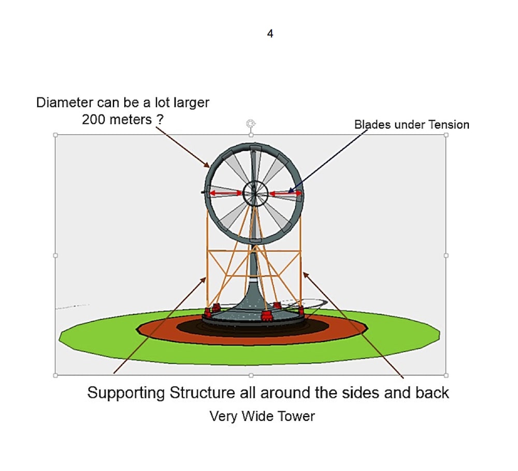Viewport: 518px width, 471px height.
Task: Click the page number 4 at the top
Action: pyautogui.click(x=270, y=34)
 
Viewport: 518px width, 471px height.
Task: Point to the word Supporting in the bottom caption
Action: pyautogui.click(x=126, y=393)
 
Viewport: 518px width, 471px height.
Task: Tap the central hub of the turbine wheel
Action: pyautogui.click(x=255, y=194)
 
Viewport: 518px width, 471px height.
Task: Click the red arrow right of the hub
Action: pyautogui.click(x=285, y=194)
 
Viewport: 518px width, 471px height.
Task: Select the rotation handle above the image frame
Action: pyautogui.click(x=251, y=123)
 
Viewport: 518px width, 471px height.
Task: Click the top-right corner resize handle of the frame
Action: pyautogui.click(x=446, y=135)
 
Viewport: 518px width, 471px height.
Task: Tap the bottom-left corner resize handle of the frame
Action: pyautogui.click(x=55, y=375)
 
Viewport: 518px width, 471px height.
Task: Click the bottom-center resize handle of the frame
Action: pyautogui.click(x=251, y=375)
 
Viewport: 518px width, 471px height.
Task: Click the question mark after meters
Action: pyautogui.click(x=161, y=119)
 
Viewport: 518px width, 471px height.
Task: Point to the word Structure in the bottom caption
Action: pyautogui.click(x=202, y=393)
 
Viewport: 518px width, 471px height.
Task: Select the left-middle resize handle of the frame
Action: pyautogui.click(x=55, y=255)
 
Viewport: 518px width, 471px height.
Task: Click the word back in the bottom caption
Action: pyautogui.click(x=432, y=393)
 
